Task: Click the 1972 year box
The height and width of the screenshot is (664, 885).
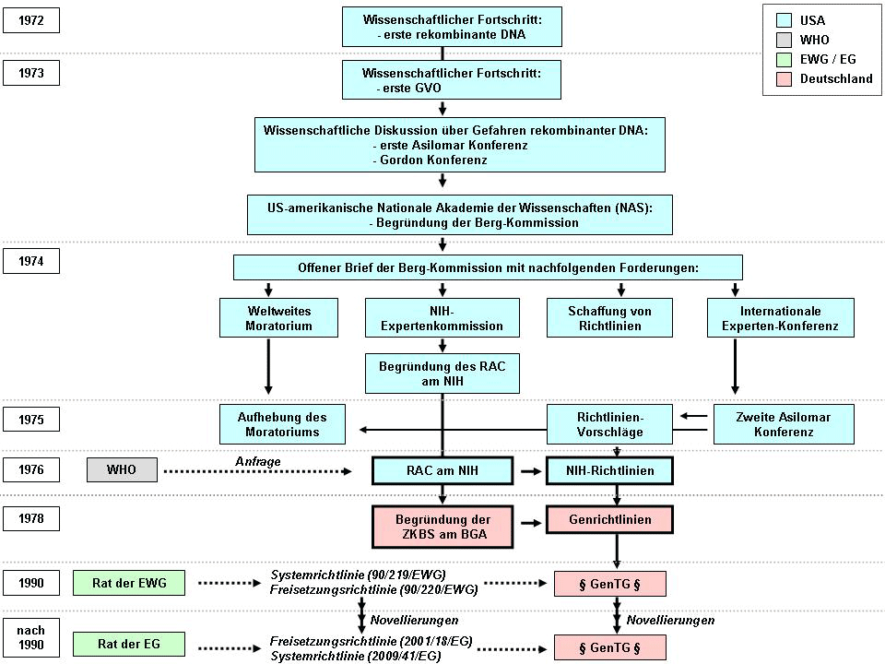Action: click(31, 19)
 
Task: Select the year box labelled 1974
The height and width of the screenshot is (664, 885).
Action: click(31, 261)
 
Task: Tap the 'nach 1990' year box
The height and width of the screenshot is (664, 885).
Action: click(31, 635)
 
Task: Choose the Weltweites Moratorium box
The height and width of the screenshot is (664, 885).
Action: click(267, 318)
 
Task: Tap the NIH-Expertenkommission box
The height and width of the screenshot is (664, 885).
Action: click(442, 318)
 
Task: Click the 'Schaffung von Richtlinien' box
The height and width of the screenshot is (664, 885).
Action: click(610, 318)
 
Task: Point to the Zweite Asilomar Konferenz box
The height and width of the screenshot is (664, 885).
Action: click(784, 424)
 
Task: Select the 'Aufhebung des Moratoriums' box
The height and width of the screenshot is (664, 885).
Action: click(285, 424)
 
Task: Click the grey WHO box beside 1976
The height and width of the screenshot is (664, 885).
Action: click(122, 470)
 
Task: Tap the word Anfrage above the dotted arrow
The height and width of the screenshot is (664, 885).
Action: click(257, 460)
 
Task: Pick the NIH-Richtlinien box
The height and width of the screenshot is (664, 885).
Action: click(610, 470)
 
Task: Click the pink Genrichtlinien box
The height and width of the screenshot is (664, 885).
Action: click(610, 519)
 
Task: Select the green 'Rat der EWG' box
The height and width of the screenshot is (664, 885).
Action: click(128, 583)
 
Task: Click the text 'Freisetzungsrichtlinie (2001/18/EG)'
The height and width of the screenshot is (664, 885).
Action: click(371, 639)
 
